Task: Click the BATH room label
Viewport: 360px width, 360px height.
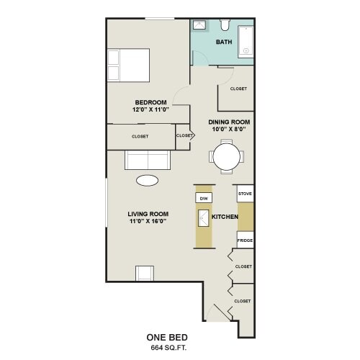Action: [x=224, y=42]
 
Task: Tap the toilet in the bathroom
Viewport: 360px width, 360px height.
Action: [x=225, y=25]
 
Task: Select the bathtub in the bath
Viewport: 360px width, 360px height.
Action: [x=246, y=42]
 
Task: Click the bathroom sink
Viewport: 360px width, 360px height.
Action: [x=199, y=25]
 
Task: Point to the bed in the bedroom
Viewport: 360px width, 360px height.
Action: [x=128, y=66]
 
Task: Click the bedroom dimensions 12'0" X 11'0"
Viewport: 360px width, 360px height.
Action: [x=150, y=109]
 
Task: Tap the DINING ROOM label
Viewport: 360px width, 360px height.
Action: [x=229, y=122]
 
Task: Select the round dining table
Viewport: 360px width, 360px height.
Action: [x=226, y=156]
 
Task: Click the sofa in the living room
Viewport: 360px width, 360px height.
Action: [x=148, y=160]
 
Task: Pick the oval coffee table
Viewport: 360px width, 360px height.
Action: [x=147, y=181]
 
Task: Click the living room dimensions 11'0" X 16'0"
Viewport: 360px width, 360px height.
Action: [x=148, y=221]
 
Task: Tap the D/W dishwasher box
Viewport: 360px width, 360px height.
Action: [x=204, y=198]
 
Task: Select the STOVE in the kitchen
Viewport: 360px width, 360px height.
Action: [x=246, y=194]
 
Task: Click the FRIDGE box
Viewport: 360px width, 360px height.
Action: [x=245, y=240]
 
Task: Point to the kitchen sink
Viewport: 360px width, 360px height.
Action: [x=204, y=218]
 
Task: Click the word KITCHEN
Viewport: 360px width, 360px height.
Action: [x=225, y=217]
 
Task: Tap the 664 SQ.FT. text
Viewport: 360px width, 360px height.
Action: [x=168, y=348]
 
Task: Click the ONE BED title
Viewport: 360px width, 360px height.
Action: [x=167, y=338]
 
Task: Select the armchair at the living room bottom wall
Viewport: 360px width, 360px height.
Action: [x=145, y=273]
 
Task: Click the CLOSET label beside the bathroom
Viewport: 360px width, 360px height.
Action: [x=238, y=89]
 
